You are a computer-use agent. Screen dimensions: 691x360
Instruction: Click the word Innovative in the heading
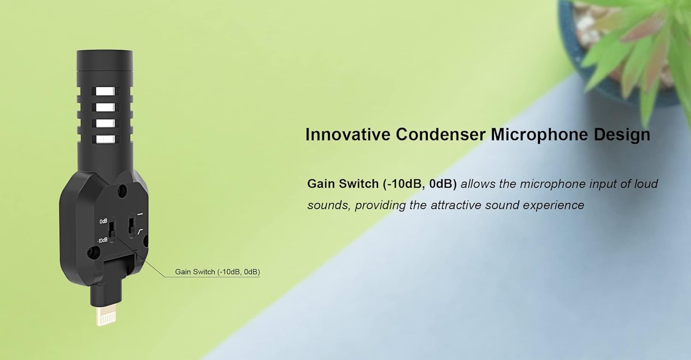click(348, 134)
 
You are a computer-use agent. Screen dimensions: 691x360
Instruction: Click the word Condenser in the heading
click(440, 134)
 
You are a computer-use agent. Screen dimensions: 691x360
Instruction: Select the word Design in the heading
click(622, 135)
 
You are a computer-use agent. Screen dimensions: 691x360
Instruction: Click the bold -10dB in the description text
click(405, 184)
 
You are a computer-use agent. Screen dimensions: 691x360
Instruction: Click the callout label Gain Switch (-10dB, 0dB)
click(217, 271)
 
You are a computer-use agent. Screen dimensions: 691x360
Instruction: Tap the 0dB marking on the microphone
click(103, 221)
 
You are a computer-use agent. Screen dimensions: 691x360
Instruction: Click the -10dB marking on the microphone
click(102, 240)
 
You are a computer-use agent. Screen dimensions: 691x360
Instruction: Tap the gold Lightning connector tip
click(106, 316)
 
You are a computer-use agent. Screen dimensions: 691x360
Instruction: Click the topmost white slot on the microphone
click(105, 91)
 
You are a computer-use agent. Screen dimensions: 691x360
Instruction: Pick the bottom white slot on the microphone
click(105, 139)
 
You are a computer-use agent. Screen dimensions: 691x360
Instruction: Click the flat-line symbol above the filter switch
click(141, 214)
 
